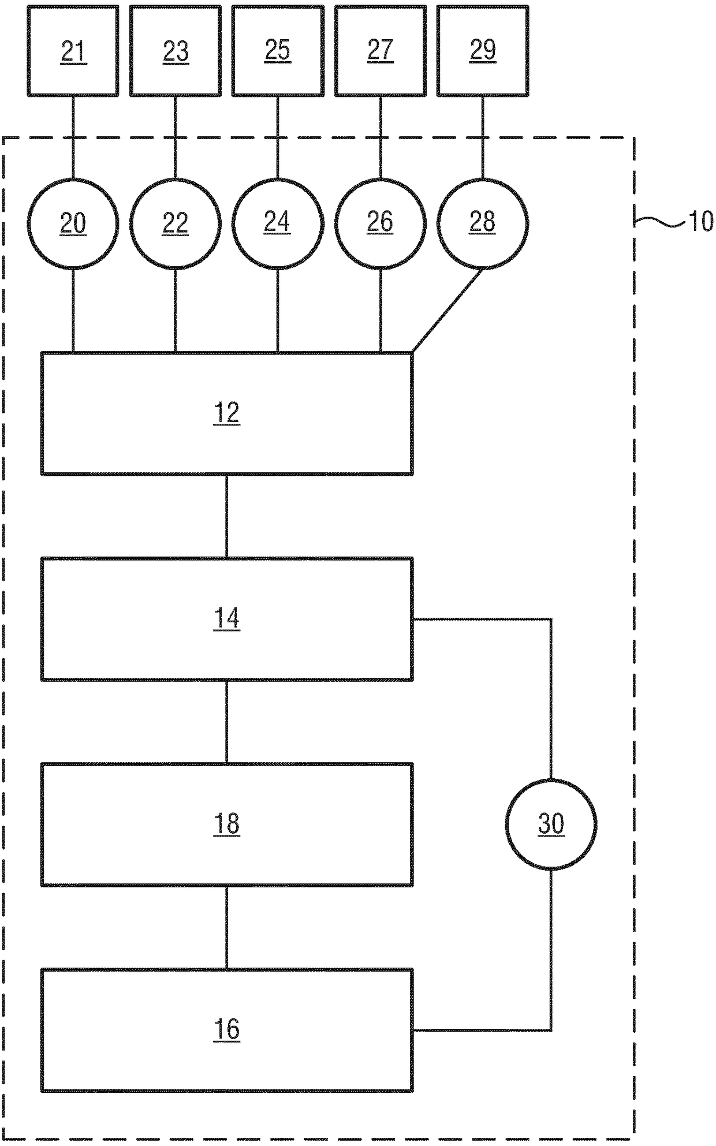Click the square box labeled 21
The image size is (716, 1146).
coord(73,51)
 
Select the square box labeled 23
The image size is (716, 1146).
coord(176,51)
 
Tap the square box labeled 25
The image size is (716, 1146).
coord(278,51)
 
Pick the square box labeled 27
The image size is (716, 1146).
coord(381,51)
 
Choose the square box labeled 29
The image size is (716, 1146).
coord(483,51)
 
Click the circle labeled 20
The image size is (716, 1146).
coord(73,223)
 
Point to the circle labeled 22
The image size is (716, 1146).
coord(176,223)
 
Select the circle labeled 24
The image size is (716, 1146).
coord(278,223)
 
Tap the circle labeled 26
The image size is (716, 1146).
coord(381,223)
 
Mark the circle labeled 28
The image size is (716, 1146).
coord(483,223)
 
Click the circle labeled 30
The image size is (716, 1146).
coord(551,824)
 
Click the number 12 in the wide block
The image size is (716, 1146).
coord(226,413)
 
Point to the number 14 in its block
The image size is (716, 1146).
coord(226,619)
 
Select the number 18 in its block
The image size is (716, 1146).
coord(226,824)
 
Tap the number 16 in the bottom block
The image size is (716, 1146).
coord(226,1029)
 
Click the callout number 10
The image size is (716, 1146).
coord(701,221)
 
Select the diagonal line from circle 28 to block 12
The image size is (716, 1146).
coord(447,311)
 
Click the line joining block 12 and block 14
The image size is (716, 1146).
coord(226,516)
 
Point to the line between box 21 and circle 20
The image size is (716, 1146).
coord(73,137)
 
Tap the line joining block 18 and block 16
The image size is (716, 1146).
coord(226,927)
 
